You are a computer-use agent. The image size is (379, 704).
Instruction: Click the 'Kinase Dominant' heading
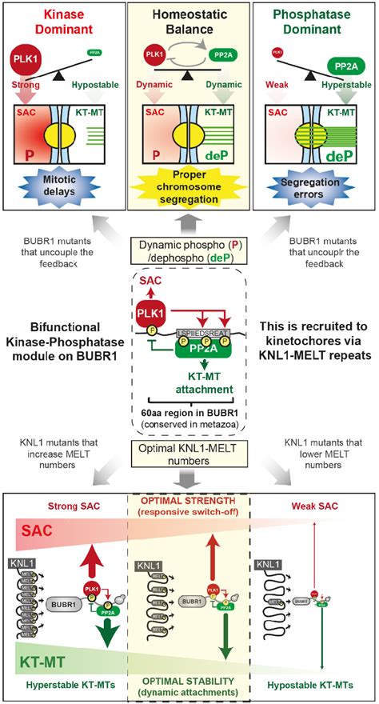(x=63, y=23)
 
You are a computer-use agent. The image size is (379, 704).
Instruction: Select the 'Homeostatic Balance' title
(x=189, y=23)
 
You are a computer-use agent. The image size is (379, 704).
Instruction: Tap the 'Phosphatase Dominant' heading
(x=315, y=23)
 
